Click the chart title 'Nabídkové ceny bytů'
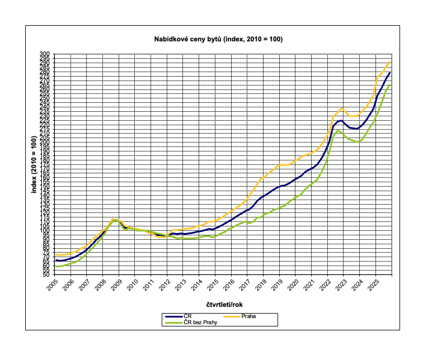219,39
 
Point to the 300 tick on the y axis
45,54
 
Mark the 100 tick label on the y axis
45,230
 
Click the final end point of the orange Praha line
389,61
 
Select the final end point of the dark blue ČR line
389,73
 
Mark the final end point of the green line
389,85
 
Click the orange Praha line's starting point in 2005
56,254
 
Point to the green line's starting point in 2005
56,266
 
